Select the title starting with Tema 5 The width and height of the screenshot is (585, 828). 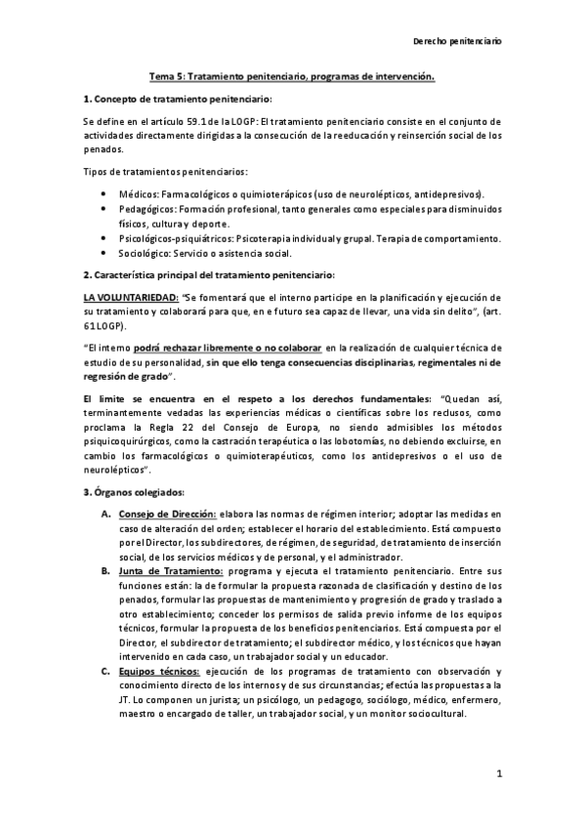(x=291, y=75)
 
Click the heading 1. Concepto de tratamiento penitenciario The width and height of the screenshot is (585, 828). (x=178, y=100)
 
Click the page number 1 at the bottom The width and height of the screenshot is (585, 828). (x=498, y=774)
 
